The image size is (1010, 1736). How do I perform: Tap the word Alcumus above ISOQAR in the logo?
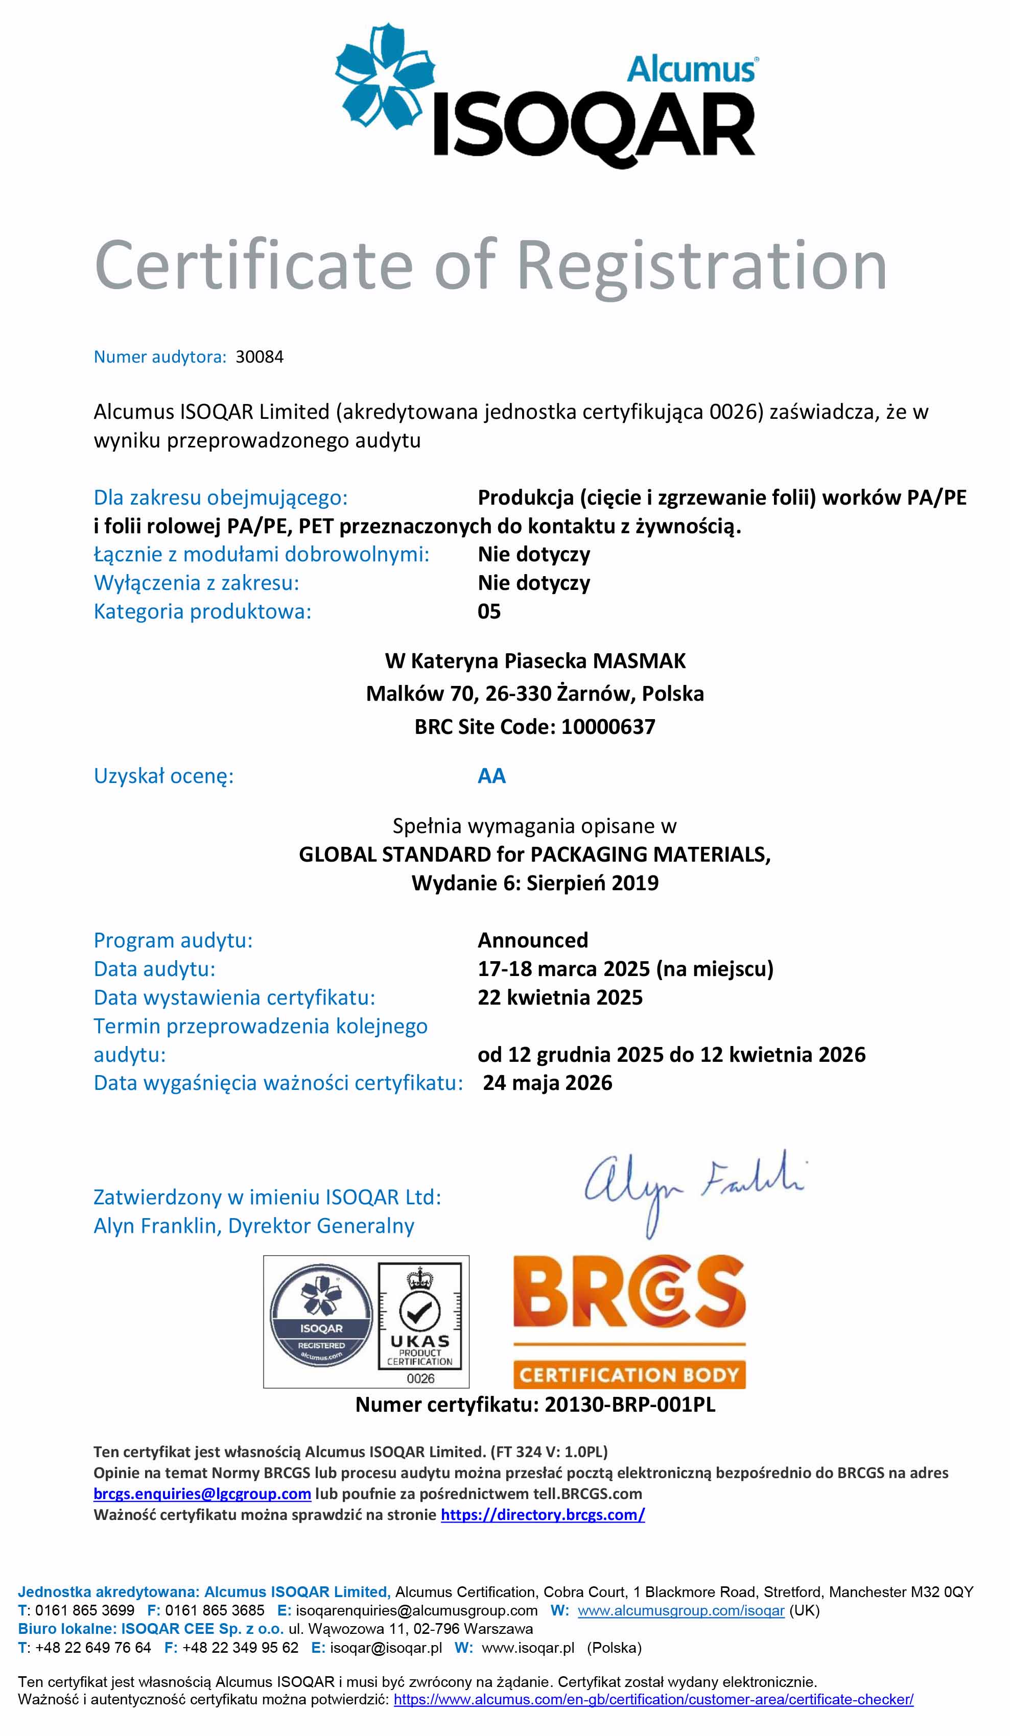coord(691,69)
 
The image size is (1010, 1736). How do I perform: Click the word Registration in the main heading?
coord(701,265)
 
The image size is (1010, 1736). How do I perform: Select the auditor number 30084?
coord(259,357)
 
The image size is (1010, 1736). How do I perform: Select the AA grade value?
coord(492,776)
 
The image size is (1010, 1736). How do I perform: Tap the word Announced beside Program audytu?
coord(532,940)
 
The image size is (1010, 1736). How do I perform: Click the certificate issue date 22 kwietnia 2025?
coord(559,997)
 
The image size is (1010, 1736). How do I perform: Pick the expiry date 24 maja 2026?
coord(547,1083)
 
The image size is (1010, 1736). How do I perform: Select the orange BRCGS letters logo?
coord(629,1292)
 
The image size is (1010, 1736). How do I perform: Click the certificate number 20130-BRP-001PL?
coord(630,1405)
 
